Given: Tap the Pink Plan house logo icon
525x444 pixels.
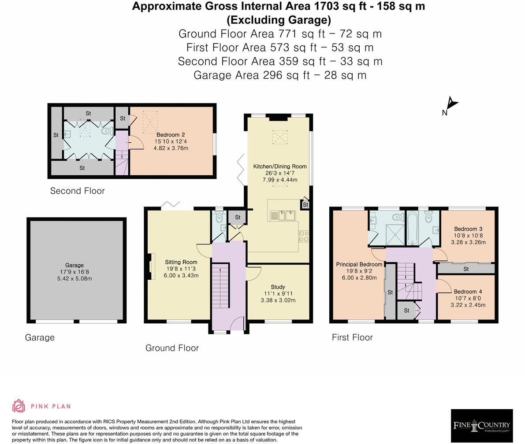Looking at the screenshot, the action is (19, 406).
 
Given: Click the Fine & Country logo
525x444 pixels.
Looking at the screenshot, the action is (481, 425).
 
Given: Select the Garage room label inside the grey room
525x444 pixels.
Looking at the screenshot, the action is (74, 265).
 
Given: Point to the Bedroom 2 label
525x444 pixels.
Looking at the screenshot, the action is (171, 134).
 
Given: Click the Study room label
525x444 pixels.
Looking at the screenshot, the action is (278, 287).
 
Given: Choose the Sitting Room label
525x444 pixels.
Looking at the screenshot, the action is (181, 262).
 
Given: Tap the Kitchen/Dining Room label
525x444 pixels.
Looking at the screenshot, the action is (280, 166).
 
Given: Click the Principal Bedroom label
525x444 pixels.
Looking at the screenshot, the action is (359, 264).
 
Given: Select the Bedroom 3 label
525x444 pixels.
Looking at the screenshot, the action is (468, 229).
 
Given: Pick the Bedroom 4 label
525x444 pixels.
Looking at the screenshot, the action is (468, 292).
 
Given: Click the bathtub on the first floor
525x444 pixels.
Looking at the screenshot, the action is (412, 228).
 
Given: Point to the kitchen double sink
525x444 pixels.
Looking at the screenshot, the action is (283, 215).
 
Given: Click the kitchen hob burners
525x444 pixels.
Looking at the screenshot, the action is (303, 236).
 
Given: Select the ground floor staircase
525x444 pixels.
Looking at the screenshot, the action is (221, 285).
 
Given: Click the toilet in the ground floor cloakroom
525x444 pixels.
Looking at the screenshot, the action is (220, 218).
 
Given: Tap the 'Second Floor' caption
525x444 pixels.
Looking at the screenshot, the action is (77, 191).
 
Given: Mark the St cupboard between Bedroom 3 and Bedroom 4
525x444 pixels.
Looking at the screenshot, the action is (466, 269).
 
